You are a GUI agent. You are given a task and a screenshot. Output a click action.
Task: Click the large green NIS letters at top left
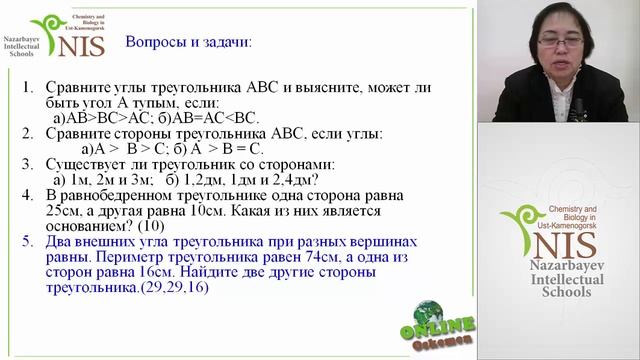click(76, 40)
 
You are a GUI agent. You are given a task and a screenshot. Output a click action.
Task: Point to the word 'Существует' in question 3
click(90, 164)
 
